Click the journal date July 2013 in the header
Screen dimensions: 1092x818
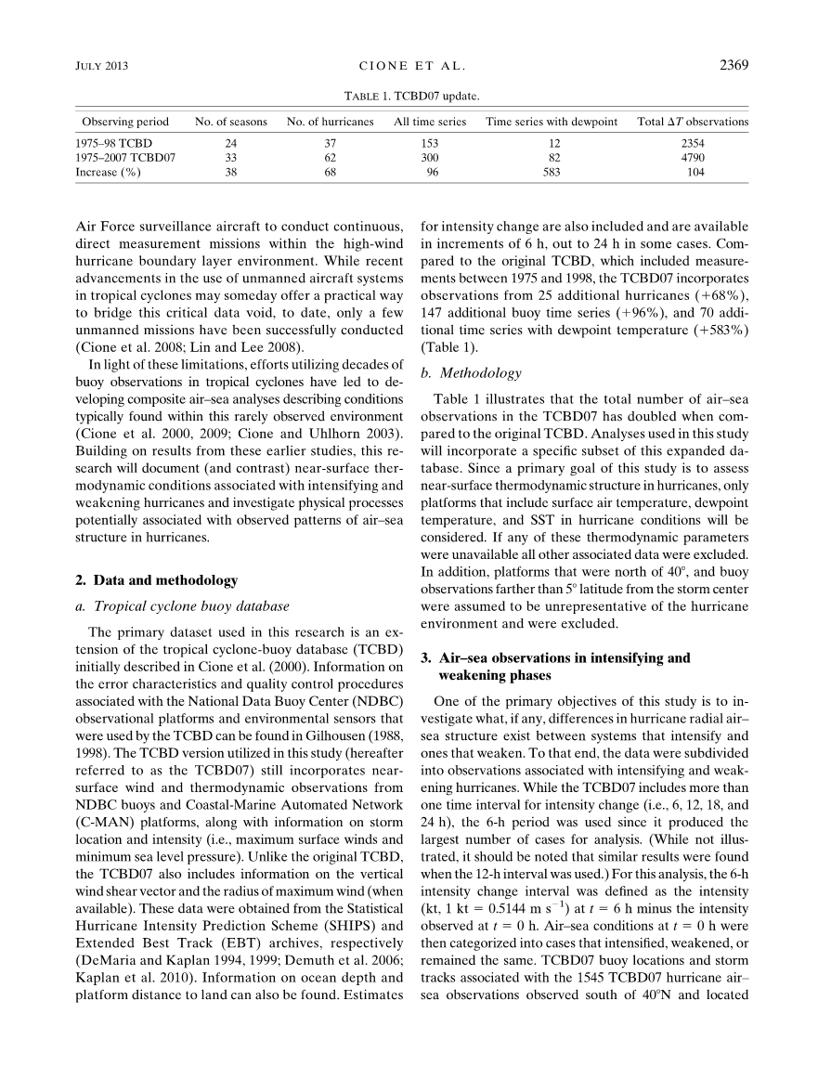99,66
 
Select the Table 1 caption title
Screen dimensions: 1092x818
412,96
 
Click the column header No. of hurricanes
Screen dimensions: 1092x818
330,122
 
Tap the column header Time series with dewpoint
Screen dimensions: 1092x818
552,122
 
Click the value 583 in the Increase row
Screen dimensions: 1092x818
552,172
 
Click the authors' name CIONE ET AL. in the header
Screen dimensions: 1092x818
411,66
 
